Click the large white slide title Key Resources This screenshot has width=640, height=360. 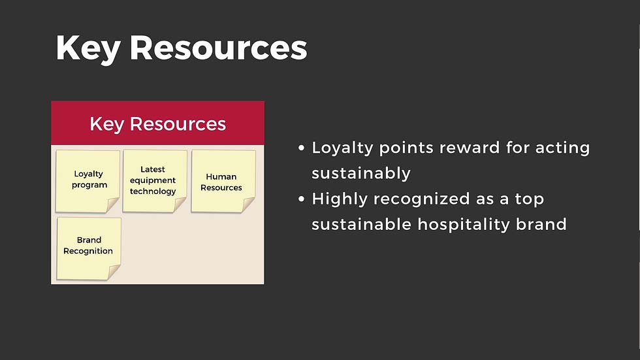tap(182, 48)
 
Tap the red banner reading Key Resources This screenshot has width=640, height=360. tap(157, 123)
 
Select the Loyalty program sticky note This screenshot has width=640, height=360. tap(88, 181)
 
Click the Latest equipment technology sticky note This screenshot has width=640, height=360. tap(155, 181)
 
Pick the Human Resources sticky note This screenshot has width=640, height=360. tap(223, 181)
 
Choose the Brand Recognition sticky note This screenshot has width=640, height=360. tap(89, 248)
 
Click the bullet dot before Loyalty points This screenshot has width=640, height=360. tap(301, 148)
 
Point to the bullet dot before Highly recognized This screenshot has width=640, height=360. tap(301, 199)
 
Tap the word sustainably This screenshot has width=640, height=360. tap(360, 174)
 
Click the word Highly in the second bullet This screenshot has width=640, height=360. tap(340, 200)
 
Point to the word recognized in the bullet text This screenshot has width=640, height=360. tap(421, 199)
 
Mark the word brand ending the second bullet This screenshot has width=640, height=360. tap(541, 225)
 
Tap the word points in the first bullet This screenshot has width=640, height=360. tap(406, 148)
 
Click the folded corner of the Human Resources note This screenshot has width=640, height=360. tap(248, 205)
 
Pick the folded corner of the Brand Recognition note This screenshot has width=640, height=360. tap(114, 272)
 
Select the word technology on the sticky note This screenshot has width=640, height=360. tap(153, 191)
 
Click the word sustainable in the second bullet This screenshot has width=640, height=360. tap(361, 225)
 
